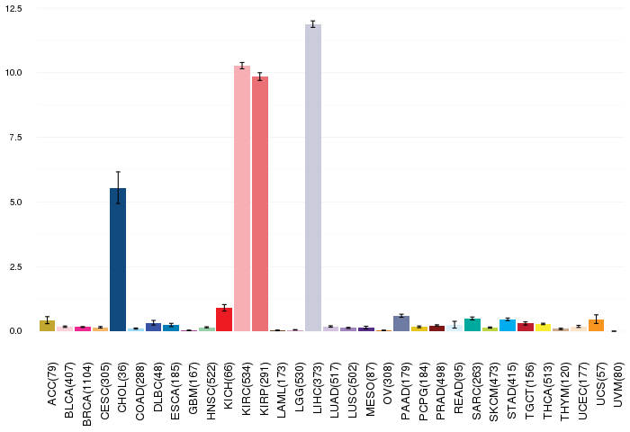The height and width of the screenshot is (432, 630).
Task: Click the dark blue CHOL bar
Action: (118, 259)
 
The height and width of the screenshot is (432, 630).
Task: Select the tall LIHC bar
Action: (313, 177)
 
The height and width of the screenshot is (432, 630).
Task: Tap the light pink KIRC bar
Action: (242, 199)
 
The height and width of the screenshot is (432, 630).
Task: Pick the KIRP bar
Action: (260, 203)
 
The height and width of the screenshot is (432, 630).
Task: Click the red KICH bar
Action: (224, 319)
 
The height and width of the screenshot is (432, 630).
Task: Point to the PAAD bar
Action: (401, 323)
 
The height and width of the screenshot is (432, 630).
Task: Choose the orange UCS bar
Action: (596, 326)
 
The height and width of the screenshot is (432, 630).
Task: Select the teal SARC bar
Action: (472, 325)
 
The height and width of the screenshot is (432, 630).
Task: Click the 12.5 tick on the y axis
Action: (13, 8)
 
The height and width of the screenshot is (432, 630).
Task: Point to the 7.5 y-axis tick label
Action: (15, 138)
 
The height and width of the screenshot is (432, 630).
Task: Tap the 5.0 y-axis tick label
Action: (15, 202)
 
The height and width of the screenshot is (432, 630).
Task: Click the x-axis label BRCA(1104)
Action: (86, 394)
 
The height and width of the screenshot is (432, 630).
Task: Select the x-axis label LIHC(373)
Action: (318, 388)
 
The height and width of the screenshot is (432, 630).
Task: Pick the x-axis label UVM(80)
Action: (618, 384)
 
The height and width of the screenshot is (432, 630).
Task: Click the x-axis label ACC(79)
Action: (52, 384)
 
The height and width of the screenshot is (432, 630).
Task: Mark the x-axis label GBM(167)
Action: (193, 388)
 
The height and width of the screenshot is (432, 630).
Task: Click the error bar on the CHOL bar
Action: (118, 188)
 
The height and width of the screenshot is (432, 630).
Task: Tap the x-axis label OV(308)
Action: (388, 383)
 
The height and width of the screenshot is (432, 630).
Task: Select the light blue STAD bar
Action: (508, 326)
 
